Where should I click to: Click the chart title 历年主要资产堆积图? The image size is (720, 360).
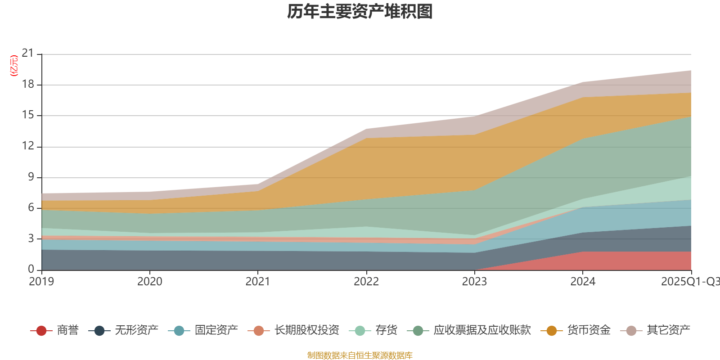360,12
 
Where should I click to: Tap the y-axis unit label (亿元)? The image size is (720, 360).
14,66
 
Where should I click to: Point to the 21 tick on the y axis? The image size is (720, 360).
28,54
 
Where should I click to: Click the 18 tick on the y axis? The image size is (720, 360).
28,85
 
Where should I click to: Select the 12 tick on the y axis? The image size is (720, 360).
28,146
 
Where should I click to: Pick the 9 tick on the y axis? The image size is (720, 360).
31,177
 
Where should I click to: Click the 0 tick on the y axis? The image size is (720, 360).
31,269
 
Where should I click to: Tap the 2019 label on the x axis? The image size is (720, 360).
41,282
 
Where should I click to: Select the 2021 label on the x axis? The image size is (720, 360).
257,282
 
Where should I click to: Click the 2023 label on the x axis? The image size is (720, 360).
474,282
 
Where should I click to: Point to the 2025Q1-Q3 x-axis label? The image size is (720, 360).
690,282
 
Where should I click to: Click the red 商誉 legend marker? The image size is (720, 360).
41,331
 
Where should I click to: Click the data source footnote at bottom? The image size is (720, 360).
360,355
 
